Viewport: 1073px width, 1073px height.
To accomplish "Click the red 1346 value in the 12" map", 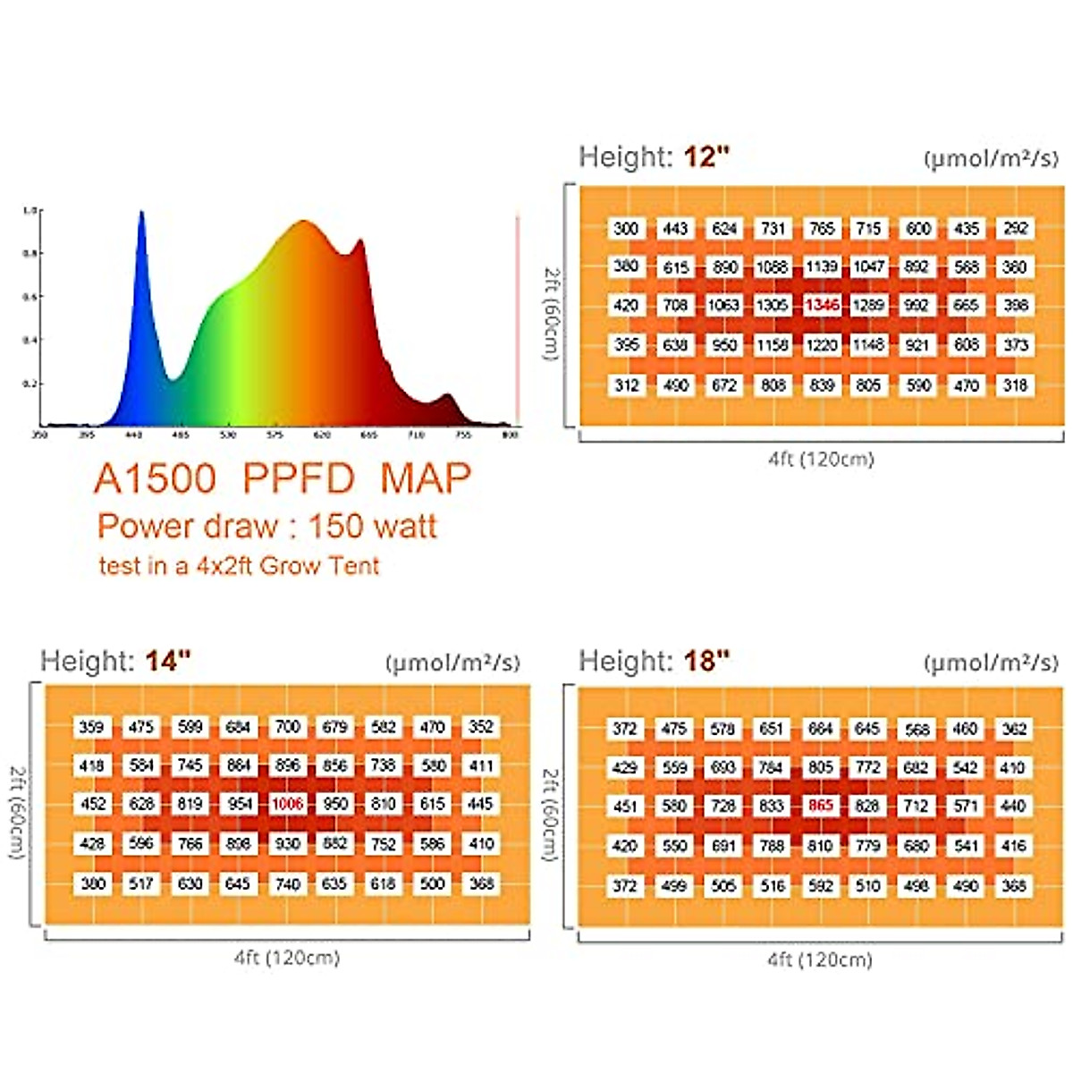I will [821, 305].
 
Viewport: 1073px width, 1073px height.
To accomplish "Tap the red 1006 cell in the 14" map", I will [287, 804].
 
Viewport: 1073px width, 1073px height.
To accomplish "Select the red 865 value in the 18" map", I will [820, 806].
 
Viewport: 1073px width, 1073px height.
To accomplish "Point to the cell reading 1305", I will [773, 305].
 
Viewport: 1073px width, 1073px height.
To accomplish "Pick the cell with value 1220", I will [821, 344].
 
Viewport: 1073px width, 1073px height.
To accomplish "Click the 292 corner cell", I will [1015, 228].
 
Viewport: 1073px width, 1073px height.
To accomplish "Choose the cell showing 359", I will [92, 727].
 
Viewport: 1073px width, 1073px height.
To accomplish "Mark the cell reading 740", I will [287, 883].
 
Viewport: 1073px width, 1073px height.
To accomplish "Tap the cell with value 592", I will [820, 886].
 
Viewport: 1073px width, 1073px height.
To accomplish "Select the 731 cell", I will [773, 228].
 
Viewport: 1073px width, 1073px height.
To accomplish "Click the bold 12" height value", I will [706, 157].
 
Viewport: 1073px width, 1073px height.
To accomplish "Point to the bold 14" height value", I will [168, 662].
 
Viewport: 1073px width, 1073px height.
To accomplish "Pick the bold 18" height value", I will [706, 662].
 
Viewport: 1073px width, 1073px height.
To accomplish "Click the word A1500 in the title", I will [155, 480].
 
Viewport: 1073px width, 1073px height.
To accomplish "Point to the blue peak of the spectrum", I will [140, 215].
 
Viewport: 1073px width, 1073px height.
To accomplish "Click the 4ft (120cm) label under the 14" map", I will [287, 958].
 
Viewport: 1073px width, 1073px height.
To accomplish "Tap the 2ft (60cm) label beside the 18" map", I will [550, 814].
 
